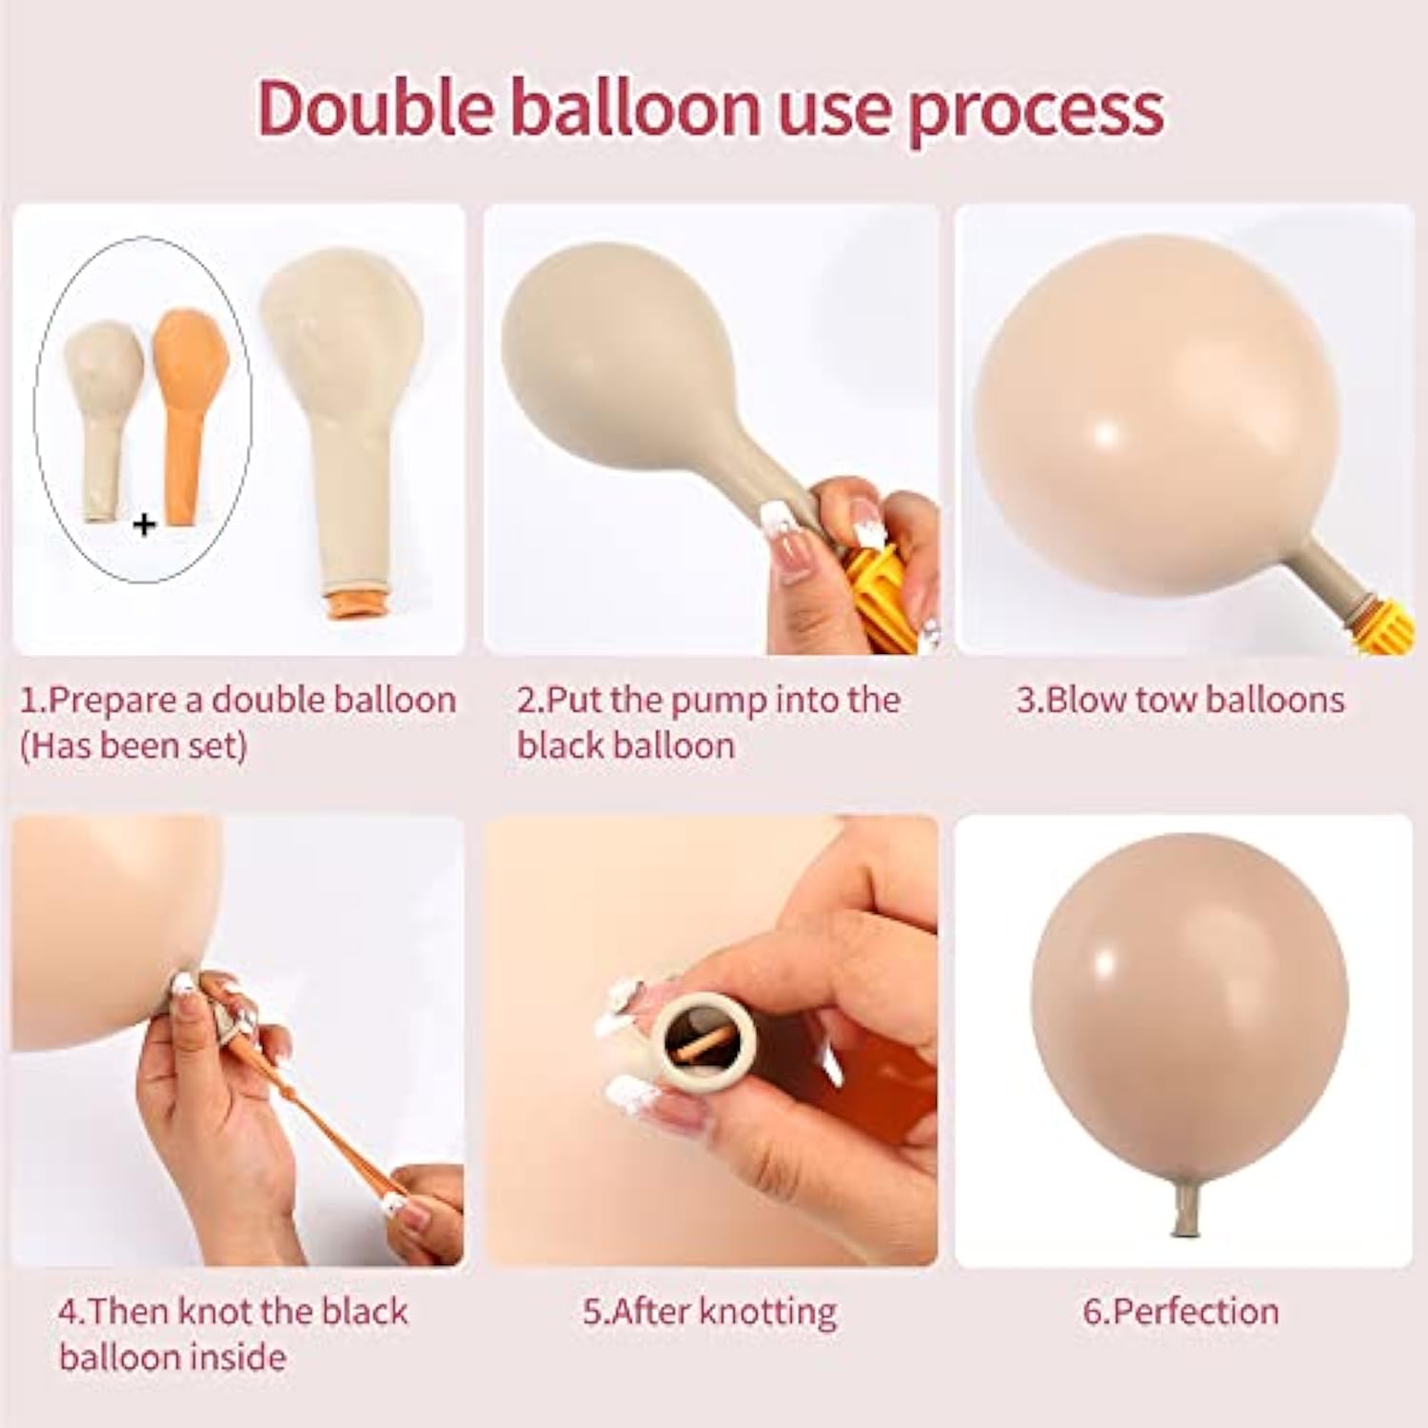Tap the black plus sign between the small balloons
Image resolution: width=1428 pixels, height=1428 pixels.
(144, 524)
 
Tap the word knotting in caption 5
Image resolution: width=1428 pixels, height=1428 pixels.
(767, 1312)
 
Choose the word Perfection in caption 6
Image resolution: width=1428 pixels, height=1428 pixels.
(1195, 1312)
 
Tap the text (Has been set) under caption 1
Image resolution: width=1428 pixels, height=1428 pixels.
(133, 746)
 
